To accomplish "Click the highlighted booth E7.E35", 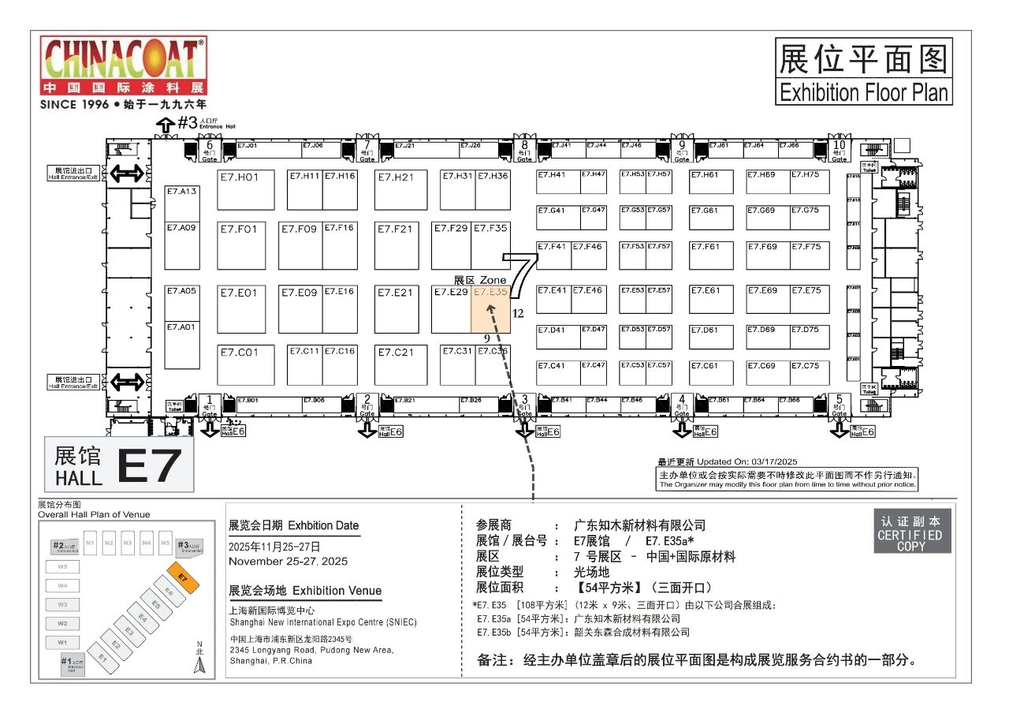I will coord(490,309).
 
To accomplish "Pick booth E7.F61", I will coord(711,255).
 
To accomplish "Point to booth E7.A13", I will coord(181,204).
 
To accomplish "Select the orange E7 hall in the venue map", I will coord(184,578).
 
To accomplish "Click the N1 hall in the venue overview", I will coord(90,543).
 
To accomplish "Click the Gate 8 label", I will coord(524,149).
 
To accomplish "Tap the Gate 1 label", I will coord(210,404).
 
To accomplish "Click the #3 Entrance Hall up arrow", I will coord(166,125).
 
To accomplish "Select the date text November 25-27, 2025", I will coord(288,562).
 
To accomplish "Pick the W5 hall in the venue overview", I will coord(62,566).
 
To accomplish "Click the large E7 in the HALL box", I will coord(149,465).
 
